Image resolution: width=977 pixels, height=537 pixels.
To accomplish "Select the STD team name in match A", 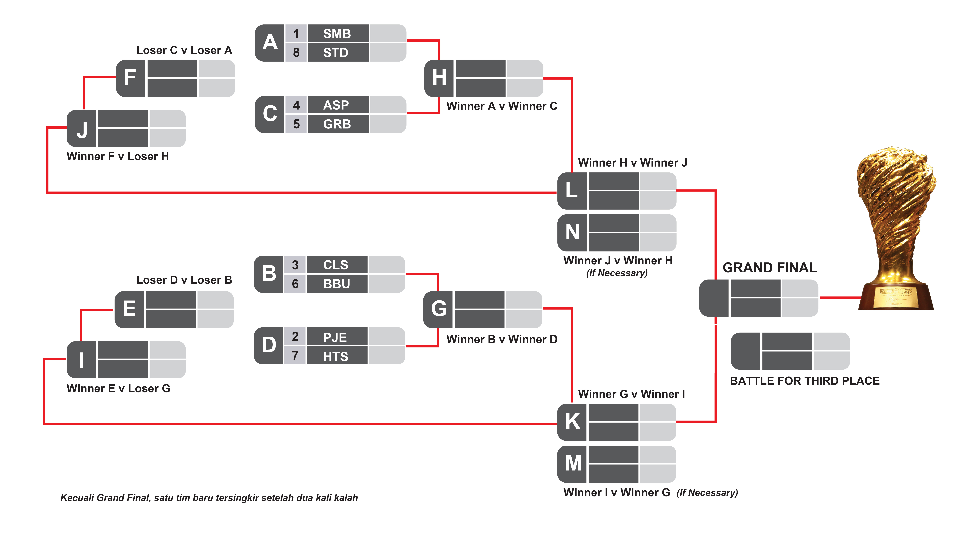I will point(336,52).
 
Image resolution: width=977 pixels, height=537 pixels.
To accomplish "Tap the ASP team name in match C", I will point(336,105).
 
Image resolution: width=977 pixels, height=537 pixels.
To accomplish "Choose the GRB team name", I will point(337,124).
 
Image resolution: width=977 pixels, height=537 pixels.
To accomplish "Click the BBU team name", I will point(336,284).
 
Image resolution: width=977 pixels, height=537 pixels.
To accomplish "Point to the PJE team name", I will point(335,337).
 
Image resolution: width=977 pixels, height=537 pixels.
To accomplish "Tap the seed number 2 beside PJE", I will point(295,337).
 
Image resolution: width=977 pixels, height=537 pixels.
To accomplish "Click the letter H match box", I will point(439,78).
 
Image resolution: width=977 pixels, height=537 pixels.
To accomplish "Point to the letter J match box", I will point(82,129).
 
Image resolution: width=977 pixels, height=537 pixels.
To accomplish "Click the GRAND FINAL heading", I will point(769,268).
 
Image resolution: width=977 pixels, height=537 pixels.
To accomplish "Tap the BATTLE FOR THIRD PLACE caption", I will point(804,381).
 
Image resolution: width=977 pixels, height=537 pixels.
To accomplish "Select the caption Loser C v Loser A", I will point(184,50).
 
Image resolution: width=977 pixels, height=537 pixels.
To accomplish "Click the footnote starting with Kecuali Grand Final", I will point(209,498).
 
